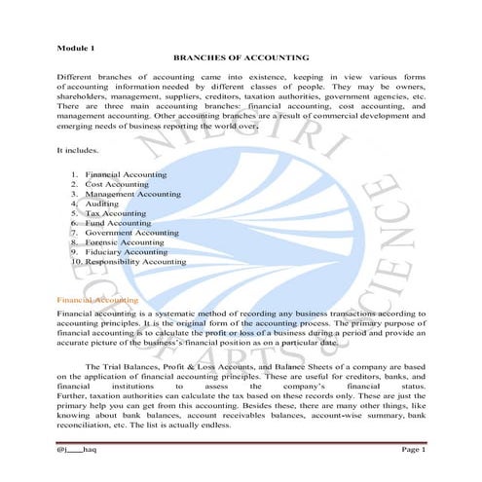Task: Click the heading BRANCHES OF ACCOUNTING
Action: click(x=241, y=58)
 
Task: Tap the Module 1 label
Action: click(x=77, y=46)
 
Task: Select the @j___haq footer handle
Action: click(x=78, y=447)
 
